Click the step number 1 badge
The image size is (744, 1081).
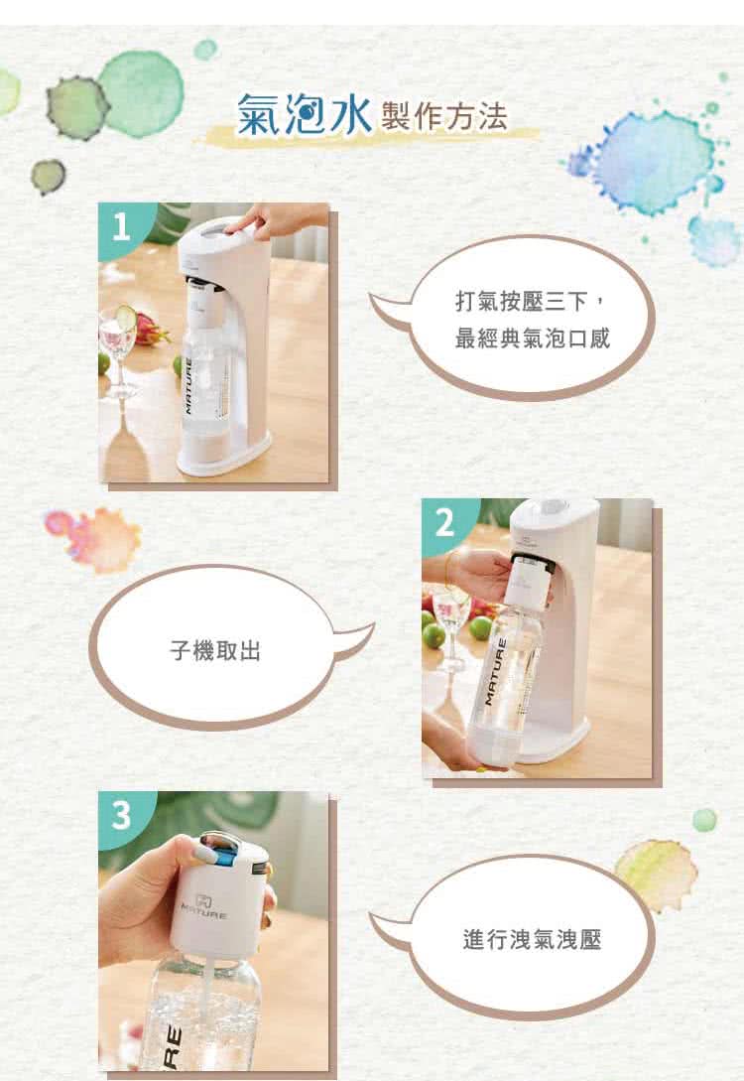click(121, 228)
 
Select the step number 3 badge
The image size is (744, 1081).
click(121, 815)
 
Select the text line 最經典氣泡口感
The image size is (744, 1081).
click(532, 339)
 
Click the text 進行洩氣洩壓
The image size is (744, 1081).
click(532, 938)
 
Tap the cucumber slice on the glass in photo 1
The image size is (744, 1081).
click(126, 317)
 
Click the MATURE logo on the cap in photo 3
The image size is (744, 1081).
click(203, 905)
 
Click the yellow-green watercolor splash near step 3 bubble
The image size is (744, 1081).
click(657, 874)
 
